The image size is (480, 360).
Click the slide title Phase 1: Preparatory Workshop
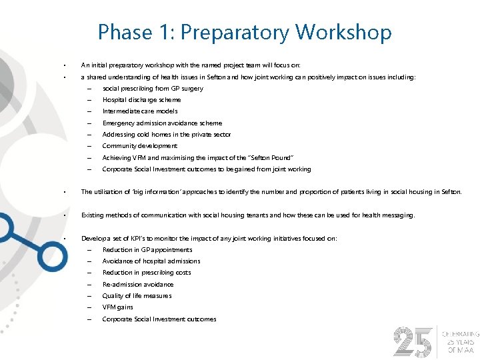tap(245, 31)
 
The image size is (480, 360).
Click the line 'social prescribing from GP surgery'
tap(153, 89)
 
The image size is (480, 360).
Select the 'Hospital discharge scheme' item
tap(141, 100)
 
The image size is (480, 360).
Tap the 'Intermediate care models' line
tap(140, 111)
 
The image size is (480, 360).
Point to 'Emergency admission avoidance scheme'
tap(162, 123)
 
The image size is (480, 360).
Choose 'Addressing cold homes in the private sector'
tap(167, 135)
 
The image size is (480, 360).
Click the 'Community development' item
tap(139, 146)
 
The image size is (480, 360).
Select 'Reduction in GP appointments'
tap(147, 250)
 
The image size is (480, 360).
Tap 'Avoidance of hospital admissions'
tap(151, 261)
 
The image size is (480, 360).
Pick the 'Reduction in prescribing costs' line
tap(147, 273)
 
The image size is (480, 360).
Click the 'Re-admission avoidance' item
tap(138, 285)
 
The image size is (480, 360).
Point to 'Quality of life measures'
tap(137, 296)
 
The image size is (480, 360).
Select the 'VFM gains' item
tap(117, 307)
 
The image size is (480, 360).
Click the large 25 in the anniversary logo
tap(413, 341)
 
